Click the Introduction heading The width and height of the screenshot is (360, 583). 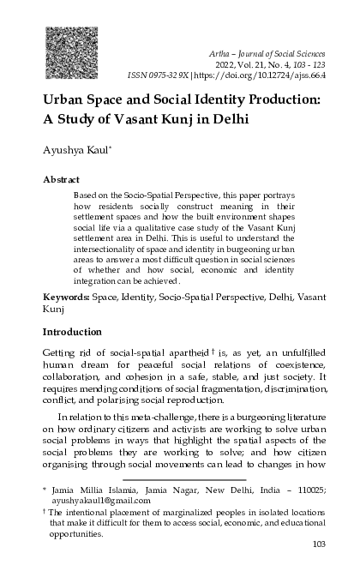[72, 330]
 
